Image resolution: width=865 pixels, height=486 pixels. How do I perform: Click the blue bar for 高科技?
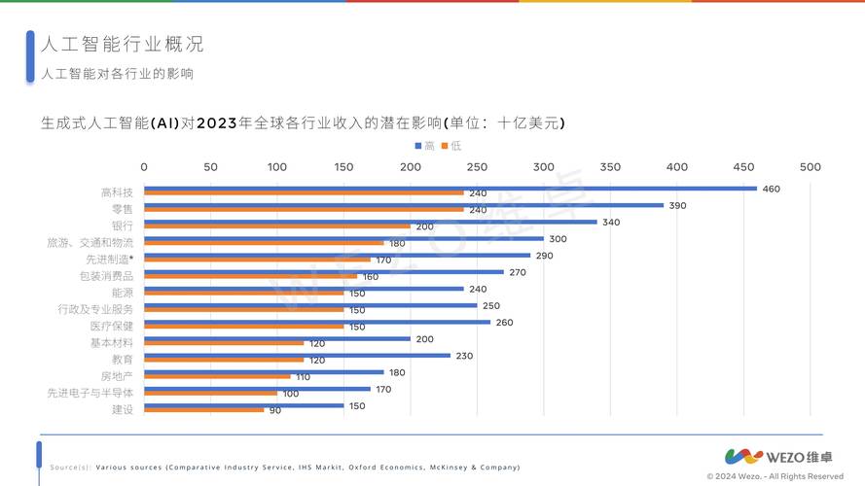[450, 189]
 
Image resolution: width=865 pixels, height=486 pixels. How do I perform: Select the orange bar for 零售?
[304, 210]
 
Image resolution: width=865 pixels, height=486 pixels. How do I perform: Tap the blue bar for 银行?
[370, 222]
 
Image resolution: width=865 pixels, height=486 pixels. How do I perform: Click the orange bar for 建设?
[203, 410]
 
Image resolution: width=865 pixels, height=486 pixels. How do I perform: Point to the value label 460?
[771, 189]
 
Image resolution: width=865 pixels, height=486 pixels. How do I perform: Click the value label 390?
[677, 205]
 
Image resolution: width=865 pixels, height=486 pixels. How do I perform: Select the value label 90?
[275, 410]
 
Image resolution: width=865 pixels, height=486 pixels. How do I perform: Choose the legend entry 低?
[450, 145]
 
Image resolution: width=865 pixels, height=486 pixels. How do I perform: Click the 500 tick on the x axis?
[810, 166]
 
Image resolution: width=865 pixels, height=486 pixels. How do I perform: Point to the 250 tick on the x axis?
[477, 166]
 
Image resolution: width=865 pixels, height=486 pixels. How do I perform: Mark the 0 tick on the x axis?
[144, 166]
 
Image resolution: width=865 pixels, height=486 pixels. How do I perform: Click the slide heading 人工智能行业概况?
[122, 45]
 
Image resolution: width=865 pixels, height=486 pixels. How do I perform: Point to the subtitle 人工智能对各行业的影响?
[117, 74]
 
